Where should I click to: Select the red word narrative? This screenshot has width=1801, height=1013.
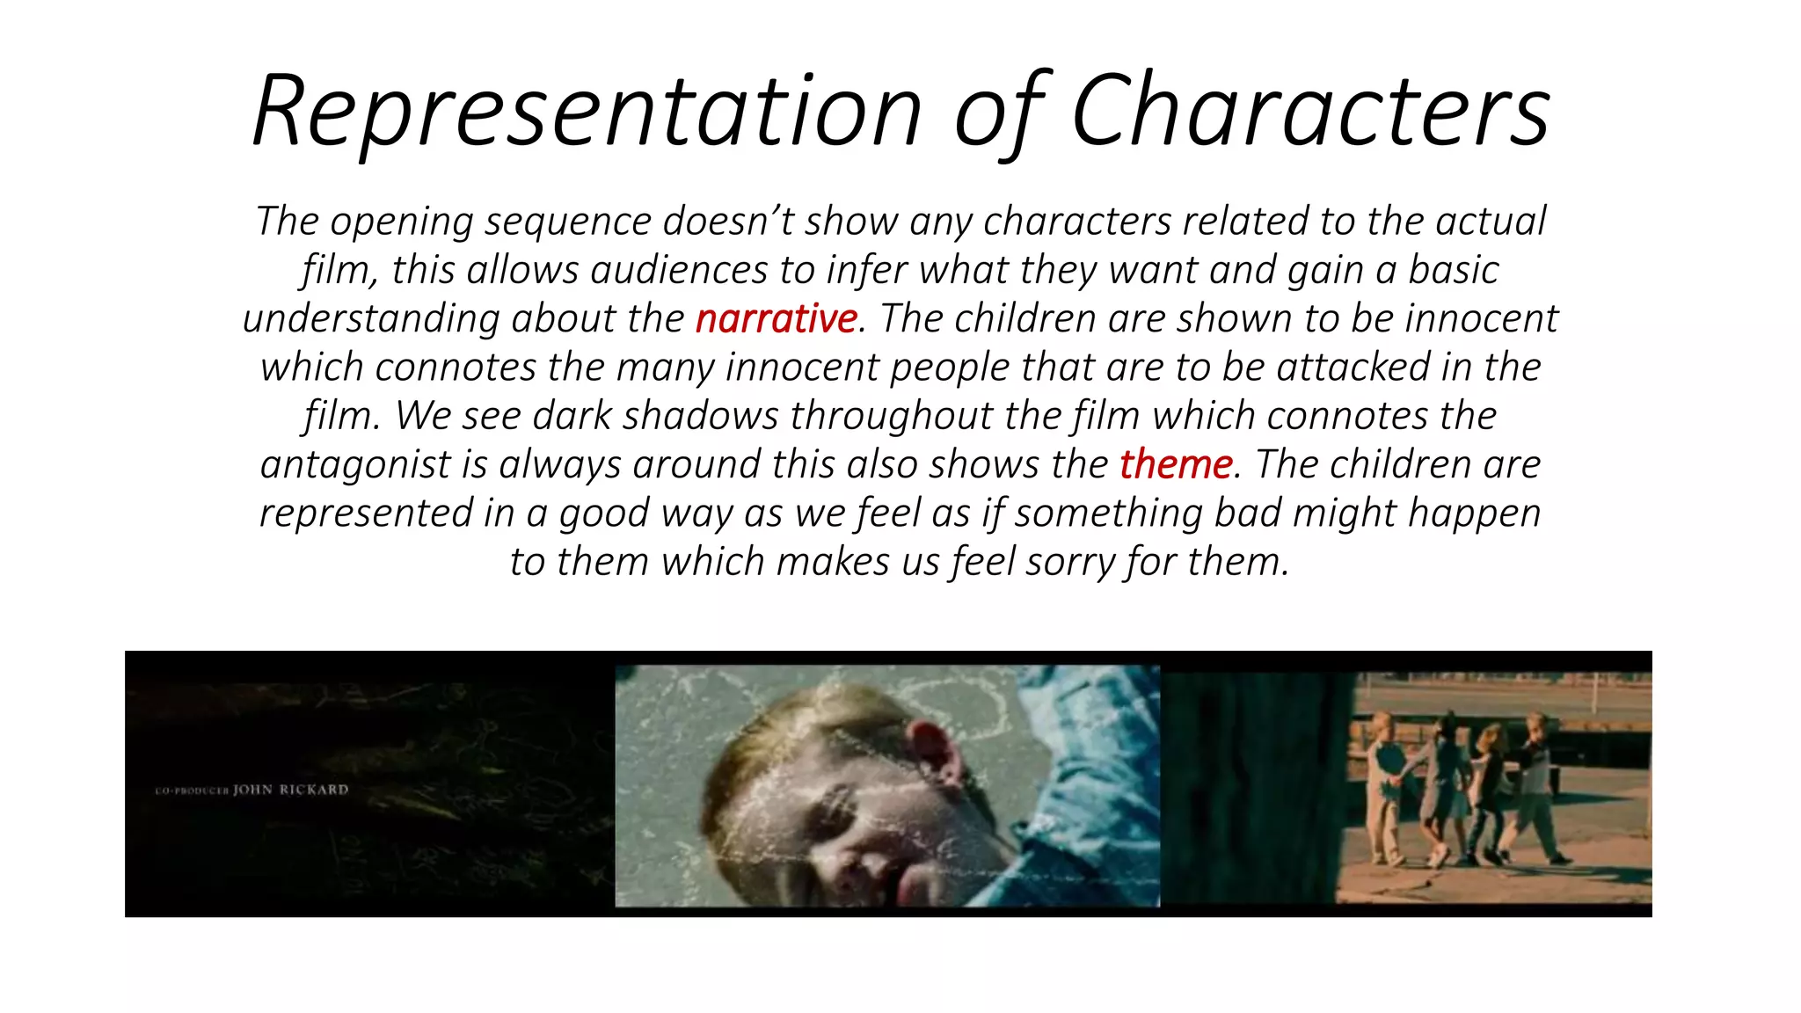pyautogui.click(x=776, y=318)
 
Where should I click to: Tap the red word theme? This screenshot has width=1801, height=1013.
pyautogui.click(x=1176, y=464)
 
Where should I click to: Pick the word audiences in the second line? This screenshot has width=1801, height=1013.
pyautogui.click(x=679, y=270)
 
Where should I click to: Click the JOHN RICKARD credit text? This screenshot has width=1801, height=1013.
pyautogui.click(x=289, y=790)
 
